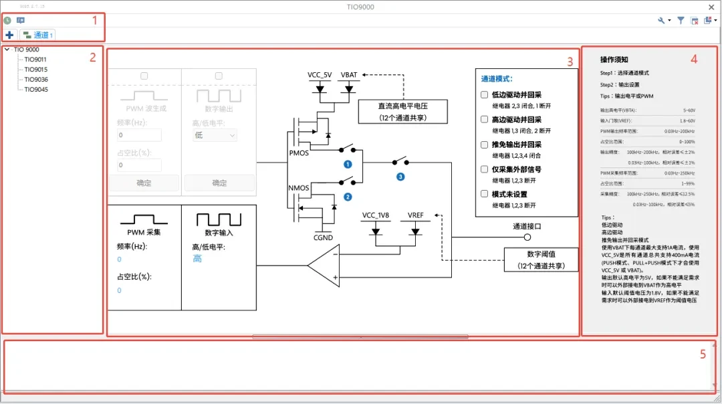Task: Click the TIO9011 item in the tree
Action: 35,60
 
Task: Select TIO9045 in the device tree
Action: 35,89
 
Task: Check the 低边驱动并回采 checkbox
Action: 485,94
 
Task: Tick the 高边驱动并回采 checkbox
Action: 485,119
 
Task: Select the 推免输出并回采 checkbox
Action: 485,144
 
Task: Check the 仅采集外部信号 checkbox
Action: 485,169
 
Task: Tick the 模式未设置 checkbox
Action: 485,194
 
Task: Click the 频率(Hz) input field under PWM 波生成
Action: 139,135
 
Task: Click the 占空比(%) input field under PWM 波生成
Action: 139,165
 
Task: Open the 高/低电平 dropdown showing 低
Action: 214,135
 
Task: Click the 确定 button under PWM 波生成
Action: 144,183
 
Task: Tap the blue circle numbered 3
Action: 400,177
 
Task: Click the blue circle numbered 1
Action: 348,164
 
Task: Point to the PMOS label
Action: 299,153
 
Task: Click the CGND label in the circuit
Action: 323,237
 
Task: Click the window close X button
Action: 711,7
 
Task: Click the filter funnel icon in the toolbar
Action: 681,21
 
